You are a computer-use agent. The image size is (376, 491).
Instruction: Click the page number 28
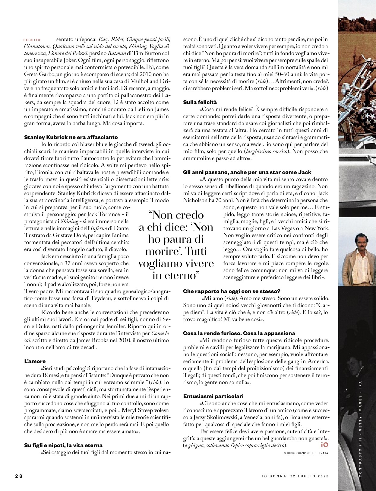pos(19,476)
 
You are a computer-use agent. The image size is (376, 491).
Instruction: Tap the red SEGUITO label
pos(32,40)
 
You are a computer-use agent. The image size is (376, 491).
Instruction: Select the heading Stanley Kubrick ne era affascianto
pos(71,137)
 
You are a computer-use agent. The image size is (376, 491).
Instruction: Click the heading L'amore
pos(35,361)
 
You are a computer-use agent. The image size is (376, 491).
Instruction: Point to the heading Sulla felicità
pos(200,102)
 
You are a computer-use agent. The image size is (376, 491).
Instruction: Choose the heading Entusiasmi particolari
pos(213,396)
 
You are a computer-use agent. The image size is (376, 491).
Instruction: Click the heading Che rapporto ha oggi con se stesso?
pos(232,291)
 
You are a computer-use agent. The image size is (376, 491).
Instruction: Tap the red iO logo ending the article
pos(324,445)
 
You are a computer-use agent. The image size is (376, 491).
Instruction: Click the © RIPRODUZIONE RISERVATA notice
pos(306,453)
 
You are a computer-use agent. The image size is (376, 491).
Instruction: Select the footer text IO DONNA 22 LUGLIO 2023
pos(295,476)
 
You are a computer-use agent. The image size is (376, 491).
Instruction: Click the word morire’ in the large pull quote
pos(163,251)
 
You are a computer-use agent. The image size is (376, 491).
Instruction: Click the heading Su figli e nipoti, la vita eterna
pos(63,445)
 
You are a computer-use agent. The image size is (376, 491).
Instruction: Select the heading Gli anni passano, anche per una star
pos(247,172)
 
